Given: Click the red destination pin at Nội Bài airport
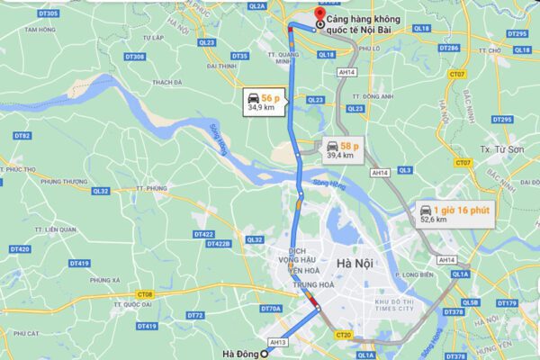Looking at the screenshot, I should pos(306,17).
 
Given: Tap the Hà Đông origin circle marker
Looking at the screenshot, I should pos(264,354).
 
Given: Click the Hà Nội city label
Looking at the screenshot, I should pos(355,263).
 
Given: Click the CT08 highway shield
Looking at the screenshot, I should pos(146,294).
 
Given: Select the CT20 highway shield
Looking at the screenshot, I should pos(342,335).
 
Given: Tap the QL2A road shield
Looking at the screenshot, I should pos(257,5).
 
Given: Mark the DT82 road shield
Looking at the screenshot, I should pos(22,135).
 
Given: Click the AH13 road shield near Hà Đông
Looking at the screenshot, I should pos(278,342).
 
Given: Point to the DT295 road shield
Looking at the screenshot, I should pos(517,33).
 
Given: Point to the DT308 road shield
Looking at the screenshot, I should pos(135,57).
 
